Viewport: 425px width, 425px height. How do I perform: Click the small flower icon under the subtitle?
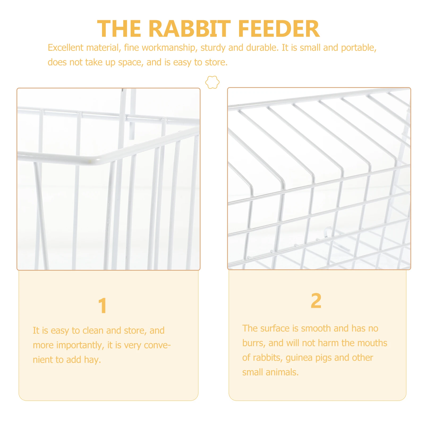(212, 82)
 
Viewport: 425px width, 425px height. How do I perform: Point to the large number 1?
(103, 306)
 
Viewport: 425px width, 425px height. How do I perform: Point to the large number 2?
(316, 301)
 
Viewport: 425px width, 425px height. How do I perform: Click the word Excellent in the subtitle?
(66, 48)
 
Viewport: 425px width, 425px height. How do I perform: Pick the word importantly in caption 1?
(80, 345)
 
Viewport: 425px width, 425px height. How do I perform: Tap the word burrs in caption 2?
(253, 343)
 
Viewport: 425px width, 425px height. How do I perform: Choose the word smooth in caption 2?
(316, 328)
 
